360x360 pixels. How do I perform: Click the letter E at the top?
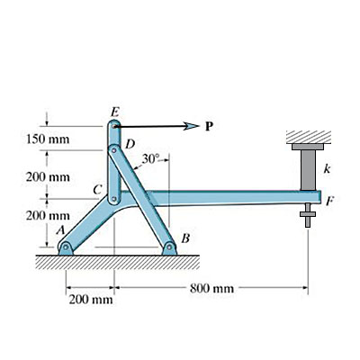pyautogui.click(x=114, y=112)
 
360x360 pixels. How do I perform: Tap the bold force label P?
pyautogui.click(x=209, y=126)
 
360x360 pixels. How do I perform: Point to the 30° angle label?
pyautogui.click(x=151, y=159)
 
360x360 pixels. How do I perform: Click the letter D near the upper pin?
pyautogui.click(x=130, y=144)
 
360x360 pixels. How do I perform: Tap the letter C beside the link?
pyautogui.click(x=97, y=190)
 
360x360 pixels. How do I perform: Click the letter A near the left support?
pyautogui.click(x=60, y=230)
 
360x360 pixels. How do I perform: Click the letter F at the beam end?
pyautogui.click(x=330, y=202)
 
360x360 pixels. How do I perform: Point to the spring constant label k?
pyautogui.click(x=328, y=168)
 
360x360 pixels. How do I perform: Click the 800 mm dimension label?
pyautogui.click(x=212, y=288)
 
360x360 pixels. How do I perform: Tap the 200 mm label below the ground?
pyautogui.click(x=91, y=299)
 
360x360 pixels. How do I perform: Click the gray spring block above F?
pyautogui.click(x=309, y=168)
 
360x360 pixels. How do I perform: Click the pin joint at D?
pyautogui.click(x=115, y=149)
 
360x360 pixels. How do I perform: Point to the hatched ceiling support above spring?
pyautogui.click(x=309, y=136)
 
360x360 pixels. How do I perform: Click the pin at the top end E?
pyautogui.click(x=115, y=127)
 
